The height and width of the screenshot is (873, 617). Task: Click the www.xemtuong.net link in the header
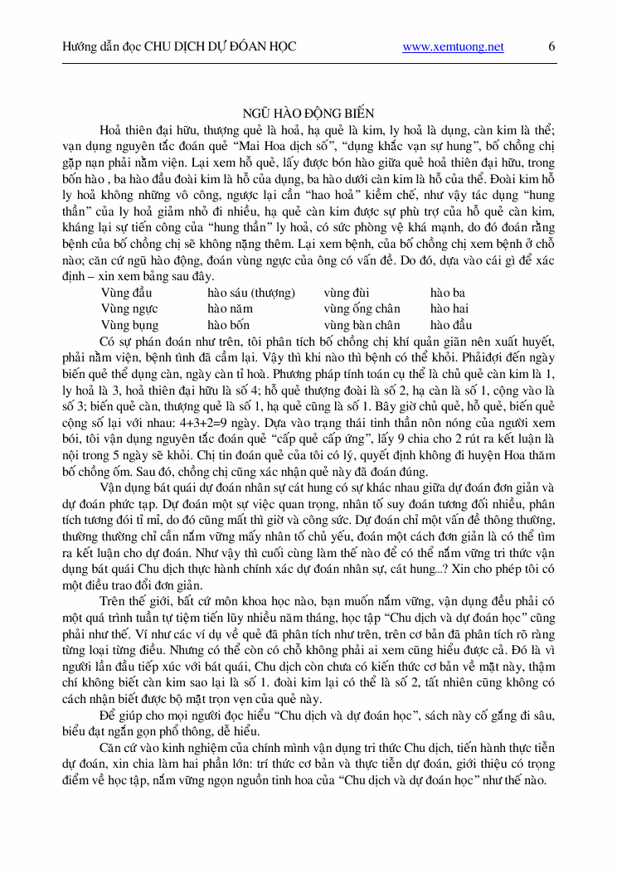(453, 47)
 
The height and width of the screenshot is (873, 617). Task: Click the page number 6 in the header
(551, 46)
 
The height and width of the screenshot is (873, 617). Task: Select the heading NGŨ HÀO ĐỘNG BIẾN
(308, 113)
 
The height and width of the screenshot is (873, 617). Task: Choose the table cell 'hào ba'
(448, 293)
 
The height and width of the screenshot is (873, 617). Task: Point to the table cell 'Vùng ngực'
(129, 308)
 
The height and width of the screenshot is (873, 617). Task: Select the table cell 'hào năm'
(230, 308)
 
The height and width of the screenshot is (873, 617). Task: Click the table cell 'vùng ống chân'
(362, 308)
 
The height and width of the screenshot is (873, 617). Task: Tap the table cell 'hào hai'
(449, 308)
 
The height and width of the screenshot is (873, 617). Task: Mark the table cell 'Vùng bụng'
(129, 325)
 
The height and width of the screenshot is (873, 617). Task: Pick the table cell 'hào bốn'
(228, 325)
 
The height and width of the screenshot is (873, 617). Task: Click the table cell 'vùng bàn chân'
(362, 325)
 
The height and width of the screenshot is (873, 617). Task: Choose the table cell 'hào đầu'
(451, 325)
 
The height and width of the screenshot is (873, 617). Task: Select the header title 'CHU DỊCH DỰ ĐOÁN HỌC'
(221, 47)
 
